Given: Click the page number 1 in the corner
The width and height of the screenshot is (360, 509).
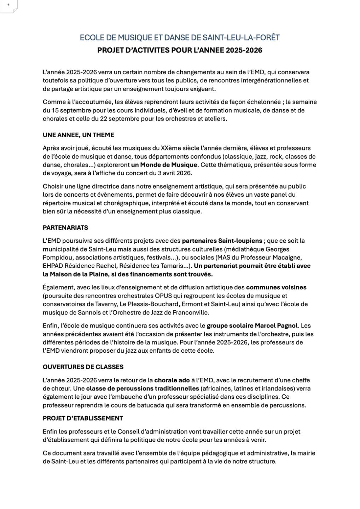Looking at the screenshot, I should [8, 5].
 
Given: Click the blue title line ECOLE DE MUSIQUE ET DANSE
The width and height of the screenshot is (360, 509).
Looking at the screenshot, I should [180, 37].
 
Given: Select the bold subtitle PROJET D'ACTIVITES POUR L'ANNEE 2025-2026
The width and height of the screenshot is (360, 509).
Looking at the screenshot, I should [180, 50].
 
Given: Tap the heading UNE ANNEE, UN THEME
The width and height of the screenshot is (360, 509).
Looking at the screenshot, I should [78, 135].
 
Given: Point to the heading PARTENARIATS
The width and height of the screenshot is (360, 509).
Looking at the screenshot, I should [65, 227].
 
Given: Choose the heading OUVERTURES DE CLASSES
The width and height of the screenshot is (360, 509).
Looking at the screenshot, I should [83, 367].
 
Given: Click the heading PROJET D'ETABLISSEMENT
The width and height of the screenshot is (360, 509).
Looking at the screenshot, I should [83, 418].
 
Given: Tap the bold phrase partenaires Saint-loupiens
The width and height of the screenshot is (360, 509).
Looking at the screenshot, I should [222, 241].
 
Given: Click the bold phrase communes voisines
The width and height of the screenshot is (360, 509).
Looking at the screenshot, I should [276, 287].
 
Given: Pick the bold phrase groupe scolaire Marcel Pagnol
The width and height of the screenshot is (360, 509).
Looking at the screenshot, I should [252, 325].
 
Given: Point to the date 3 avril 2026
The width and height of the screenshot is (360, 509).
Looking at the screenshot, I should [173, 173].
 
